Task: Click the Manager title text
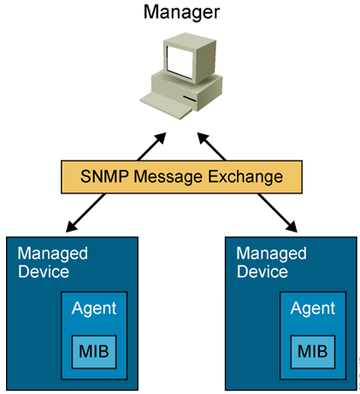click(x=180, y=12)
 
